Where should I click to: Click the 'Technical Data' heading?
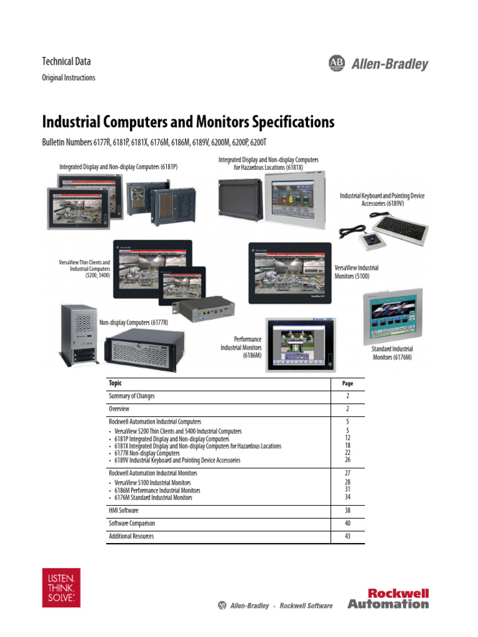pos(66,61)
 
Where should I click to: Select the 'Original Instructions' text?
pos(68,78)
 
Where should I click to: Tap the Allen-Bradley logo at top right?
pos(378,63)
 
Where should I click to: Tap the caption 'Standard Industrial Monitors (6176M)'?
pos(392,353)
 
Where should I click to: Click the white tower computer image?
pos(79,336)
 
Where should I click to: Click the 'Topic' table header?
pos(116,383)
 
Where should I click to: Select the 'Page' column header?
pos(348,384)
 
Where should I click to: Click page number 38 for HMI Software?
pos(348,511)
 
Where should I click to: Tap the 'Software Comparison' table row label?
pos(132,524)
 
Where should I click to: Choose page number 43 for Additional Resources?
pos(348,536)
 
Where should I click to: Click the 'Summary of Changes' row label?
pos(132,396)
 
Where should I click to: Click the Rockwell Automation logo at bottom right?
pos(388,598)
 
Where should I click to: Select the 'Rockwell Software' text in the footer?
pos(306,606)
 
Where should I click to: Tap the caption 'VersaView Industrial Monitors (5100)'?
pos(357,272)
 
